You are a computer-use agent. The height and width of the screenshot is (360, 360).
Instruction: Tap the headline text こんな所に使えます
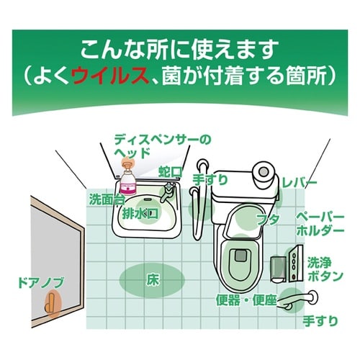tap(180, 50)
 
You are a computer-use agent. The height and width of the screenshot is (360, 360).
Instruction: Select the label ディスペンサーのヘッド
tap(154, 144)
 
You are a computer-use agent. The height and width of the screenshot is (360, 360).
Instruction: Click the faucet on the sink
tap(166, 192)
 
